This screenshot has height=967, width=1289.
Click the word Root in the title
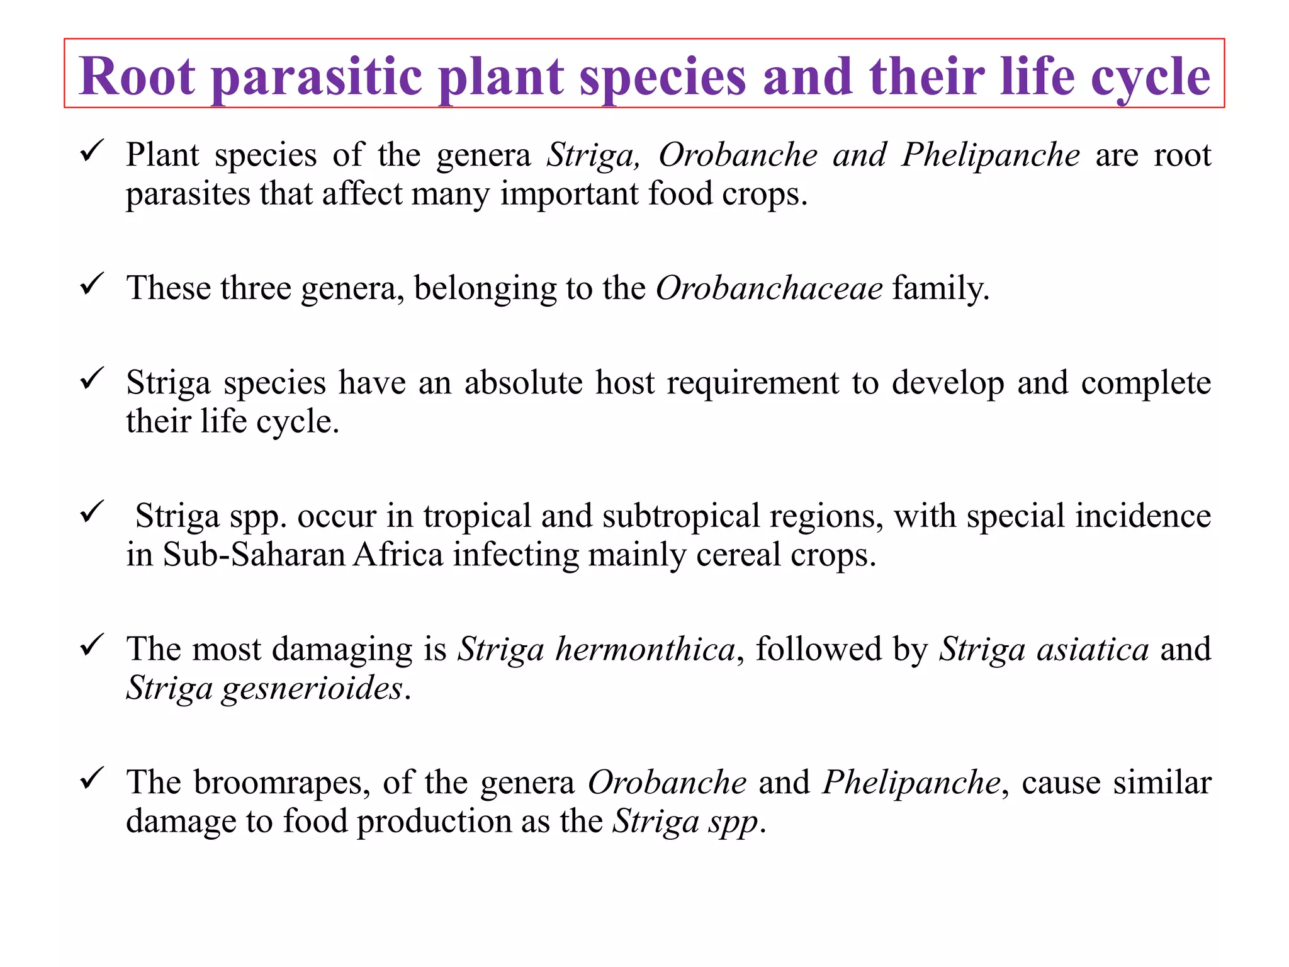(137, 76)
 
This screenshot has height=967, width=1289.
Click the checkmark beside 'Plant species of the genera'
(92, 151)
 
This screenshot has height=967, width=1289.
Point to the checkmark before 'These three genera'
(92, 285)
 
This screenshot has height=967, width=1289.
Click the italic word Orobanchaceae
(769, 288)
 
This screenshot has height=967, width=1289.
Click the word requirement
(753, 383)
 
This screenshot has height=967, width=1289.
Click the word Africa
(398, 555)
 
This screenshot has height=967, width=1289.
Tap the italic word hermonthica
(645, 649)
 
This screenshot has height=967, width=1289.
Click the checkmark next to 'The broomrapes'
(92, 779)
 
